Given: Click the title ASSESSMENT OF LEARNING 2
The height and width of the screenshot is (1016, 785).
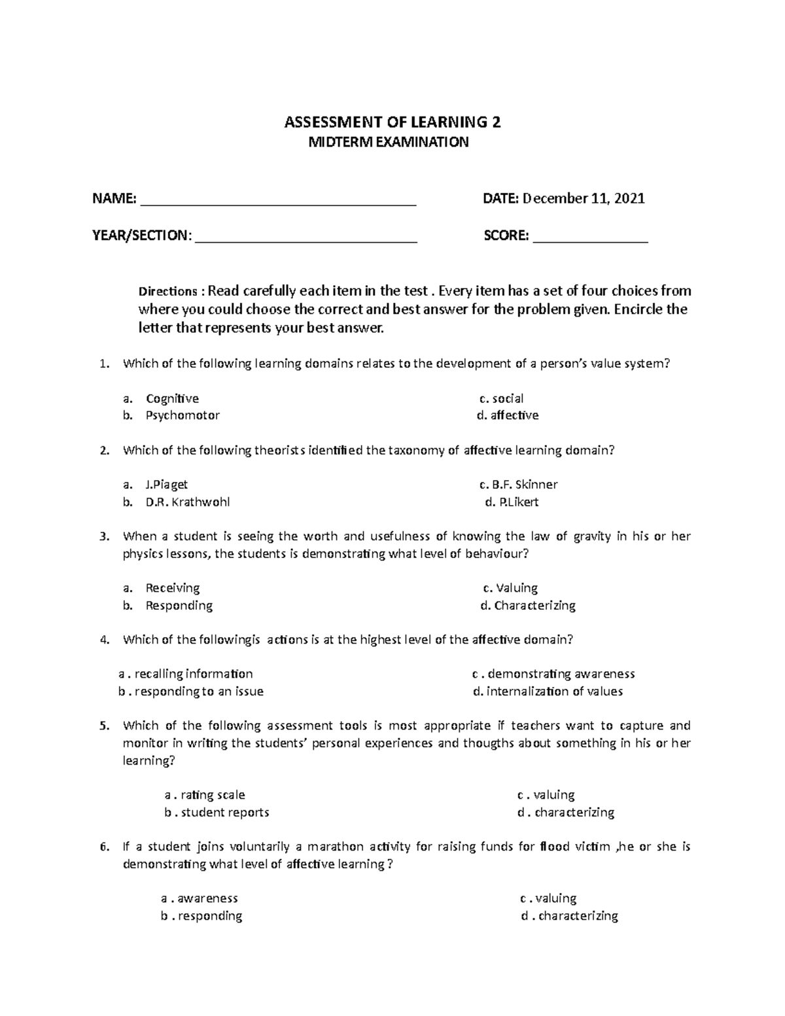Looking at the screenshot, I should coord(392,122).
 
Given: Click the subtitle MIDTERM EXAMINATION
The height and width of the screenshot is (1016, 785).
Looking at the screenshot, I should coord(389,143).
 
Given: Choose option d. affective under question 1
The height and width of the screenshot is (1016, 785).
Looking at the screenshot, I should coord(508,415).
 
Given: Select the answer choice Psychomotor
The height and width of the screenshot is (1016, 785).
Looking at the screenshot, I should coord(183,415).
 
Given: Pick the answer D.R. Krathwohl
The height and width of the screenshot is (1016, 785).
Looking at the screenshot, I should coord(188,502).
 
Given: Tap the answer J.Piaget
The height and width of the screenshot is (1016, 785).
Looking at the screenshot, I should coord(167,485).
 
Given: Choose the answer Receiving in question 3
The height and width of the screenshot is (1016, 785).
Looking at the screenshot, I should coord(173,588).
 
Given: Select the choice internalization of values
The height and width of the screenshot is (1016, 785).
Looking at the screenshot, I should coord(548,692).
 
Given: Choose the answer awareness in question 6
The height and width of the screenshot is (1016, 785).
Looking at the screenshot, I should coord(207,898).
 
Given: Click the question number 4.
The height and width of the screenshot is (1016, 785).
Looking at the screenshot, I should coord(103,640).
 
